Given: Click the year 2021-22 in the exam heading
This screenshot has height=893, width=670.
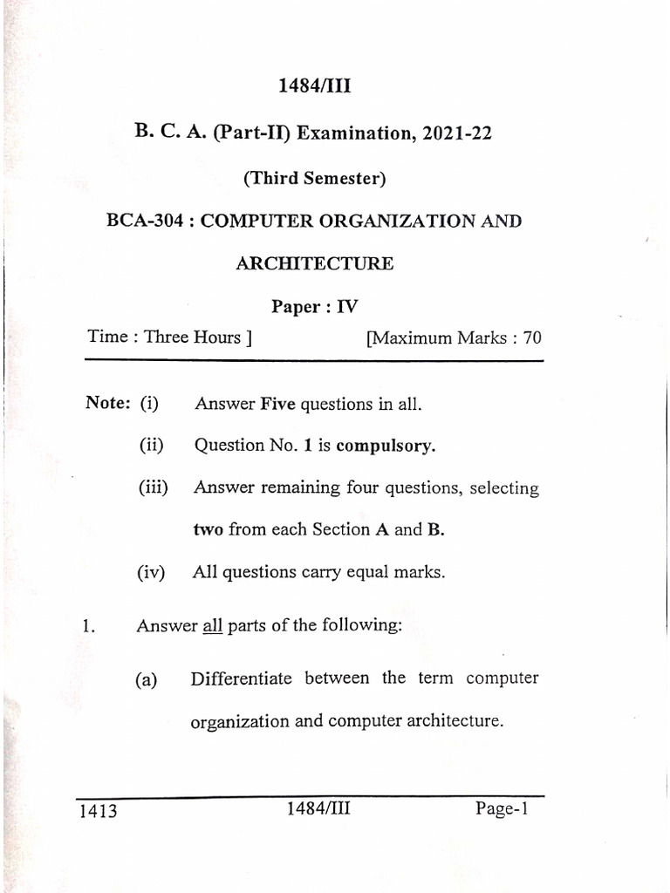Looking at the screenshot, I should [455, 133].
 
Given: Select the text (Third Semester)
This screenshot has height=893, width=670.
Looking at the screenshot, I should [314, 178].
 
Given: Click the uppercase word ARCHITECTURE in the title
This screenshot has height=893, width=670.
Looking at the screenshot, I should [314, 262].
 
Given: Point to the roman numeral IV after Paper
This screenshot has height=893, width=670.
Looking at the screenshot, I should [346, 306].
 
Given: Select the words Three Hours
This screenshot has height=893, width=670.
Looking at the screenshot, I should [192, 337].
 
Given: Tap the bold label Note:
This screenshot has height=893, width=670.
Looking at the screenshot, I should [108, 403].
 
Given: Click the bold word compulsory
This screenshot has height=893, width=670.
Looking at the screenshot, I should [385, 446].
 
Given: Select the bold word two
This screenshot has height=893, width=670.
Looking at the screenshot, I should [208, 529].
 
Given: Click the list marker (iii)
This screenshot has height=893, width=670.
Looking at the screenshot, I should [153, 488].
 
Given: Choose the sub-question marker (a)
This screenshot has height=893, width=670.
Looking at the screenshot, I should [145, 680].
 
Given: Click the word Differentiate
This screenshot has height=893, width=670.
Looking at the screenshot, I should [242, 678].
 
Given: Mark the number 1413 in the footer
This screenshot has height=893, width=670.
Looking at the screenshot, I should [97, 813].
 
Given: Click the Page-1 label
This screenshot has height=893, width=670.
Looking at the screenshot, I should [502, 809].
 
